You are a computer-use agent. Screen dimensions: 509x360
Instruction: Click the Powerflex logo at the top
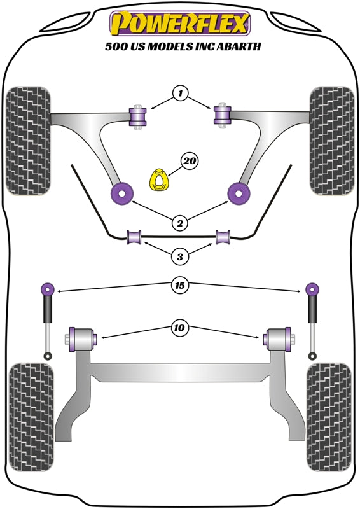181,24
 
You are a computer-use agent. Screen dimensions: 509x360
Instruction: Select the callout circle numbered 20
189,162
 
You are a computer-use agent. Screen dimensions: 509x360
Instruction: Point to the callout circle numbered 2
180,223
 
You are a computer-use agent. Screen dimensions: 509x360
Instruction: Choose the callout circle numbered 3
180,257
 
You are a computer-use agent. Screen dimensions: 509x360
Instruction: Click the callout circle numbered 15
180,286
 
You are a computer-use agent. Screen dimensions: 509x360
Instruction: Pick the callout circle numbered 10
180,328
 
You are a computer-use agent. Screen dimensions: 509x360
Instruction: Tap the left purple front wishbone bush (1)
138,116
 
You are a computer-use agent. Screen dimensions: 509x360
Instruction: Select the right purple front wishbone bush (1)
222,115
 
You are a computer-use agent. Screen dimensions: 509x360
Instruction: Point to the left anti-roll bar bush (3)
134,237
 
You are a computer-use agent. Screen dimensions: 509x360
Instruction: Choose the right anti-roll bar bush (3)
223,237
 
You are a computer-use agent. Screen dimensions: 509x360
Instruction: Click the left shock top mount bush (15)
47,289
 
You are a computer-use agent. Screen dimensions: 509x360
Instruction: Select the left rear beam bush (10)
83,337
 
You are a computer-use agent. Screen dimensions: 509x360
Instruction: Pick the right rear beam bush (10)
277,337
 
